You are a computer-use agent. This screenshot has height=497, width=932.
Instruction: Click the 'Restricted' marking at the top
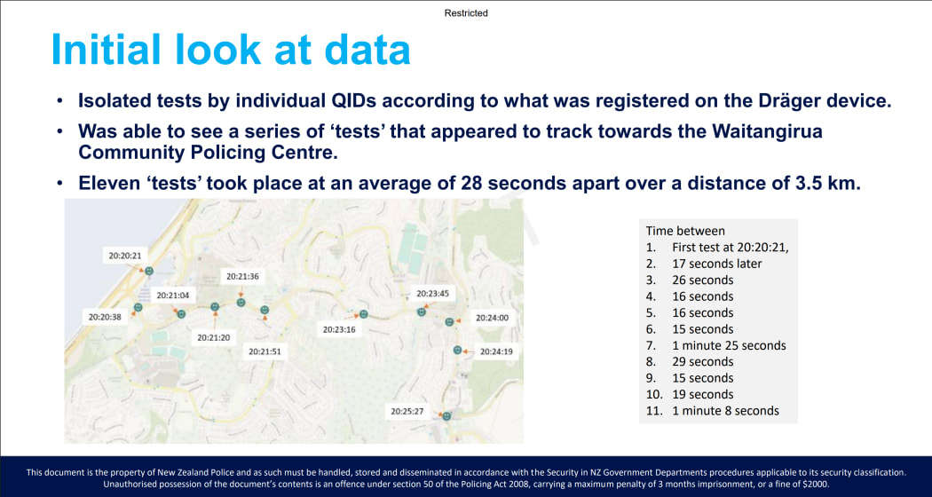click(466, 13)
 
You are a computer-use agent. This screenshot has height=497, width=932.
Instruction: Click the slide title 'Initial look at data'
click(231, 50)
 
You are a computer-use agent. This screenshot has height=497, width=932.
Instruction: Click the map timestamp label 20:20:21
click(125, 256)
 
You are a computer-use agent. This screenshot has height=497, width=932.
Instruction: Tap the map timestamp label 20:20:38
click(104, 316)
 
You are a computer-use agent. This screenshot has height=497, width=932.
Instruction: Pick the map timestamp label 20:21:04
click(173, 296)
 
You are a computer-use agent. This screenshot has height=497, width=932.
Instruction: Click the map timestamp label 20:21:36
click(242, 277)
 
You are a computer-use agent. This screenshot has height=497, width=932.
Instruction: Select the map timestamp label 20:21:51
click(265, 351)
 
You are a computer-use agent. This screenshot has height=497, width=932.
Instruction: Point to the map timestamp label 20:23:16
click(338, 329)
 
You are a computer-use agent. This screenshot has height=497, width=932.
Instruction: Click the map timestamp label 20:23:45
click(433, 294)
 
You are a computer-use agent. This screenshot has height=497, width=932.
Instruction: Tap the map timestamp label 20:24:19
click(496, 351)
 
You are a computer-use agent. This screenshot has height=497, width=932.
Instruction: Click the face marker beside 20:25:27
click(447, 415)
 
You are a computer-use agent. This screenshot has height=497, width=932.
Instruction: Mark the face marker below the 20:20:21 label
click(149, 271)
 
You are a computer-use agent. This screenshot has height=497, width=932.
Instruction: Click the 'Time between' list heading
click(685, 231)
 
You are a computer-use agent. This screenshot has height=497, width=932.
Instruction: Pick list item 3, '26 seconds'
click(702, 280)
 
